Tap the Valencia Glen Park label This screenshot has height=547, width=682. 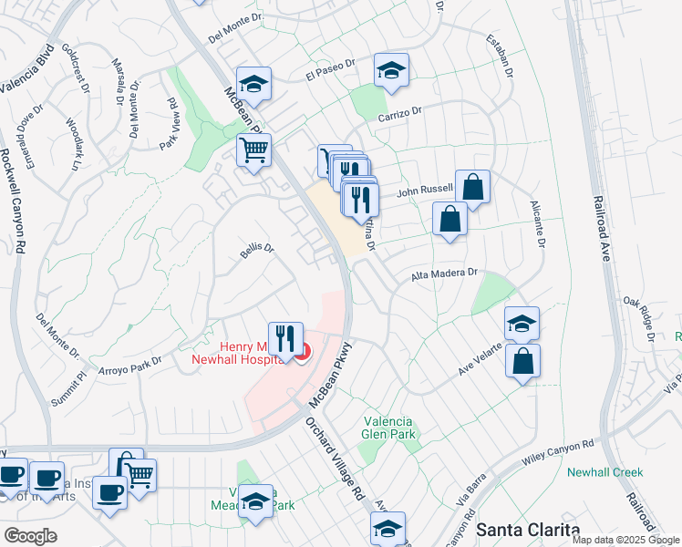tap(388, 428)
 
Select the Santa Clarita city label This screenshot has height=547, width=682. tap(528, 530)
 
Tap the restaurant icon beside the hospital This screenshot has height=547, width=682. tap(285, 339)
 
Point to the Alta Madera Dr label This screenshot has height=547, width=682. tap(444, 273)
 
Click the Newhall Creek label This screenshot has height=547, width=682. tap(604, 472)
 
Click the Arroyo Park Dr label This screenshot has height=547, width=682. tap(129, 368)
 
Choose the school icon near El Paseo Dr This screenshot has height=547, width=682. tap(391, 70)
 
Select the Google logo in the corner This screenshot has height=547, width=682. tap(30, 535)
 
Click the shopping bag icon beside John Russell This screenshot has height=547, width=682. tap(472, 187)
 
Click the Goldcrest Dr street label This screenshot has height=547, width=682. tap(79, 68)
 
